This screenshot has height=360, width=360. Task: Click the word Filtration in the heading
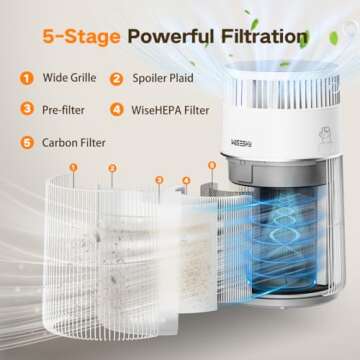pos(257,37)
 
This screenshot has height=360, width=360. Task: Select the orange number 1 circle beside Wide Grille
pos(24,77)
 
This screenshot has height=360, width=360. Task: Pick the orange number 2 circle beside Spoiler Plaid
pos(117,77)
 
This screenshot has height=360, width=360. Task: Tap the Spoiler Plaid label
pos(166,77)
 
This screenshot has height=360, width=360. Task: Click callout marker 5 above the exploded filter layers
pos(211,164)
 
